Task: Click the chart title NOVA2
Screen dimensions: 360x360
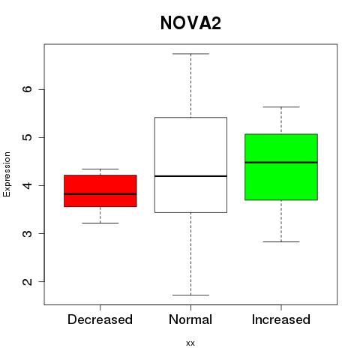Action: pyautogui.click(x=190, y=23)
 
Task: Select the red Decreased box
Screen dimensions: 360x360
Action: pyautogui.click(x=100, y=190)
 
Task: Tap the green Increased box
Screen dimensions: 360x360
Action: pyautogui.click(x=281, y=167)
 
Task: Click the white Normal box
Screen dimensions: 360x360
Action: pyautogui.click(x=190, y=165)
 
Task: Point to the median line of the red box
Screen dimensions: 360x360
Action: pyautogui.click(x=100, y=193)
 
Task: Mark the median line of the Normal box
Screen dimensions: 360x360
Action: pyautogui.click(x=190, y=176)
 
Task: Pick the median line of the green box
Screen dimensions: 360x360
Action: pyautogui.click(x=281, y=162)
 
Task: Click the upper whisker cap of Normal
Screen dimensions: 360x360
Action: pyautogui.click(x=190, y=54)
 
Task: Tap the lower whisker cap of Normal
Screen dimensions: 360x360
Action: pyautogui.click(x=190, y=295)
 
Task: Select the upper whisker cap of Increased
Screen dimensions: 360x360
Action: pyautogui.click(x=281, y=107)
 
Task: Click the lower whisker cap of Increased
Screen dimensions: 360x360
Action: pyautogui.click(x=281, y=241)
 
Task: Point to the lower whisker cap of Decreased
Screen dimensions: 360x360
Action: pyautogui.click(x=100, y=223)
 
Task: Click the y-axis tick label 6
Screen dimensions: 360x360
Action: pyautogui.click(x=28, y=89)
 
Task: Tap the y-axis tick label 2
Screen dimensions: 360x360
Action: pyautogui.click(x=28, y=281)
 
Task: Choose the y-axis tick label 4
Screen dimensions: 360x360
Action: pyautogui.click(x=28, y=185)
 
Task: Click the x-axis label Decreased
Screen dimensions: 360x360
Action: pyautogui.click(x=100, y=319)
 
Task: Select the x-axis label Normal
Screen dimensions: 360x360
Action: pyautogui.click(x=190, y=319)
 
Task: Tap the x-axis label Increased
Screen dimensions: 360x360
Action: pyautogui.click(x=281, y=319)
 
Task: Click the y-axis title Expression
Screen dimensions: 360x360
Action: pyautogui.click(x=7, y=174)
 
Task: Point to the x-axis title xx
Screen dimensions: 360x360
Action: pyautogui.click(x=190, y=343)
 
